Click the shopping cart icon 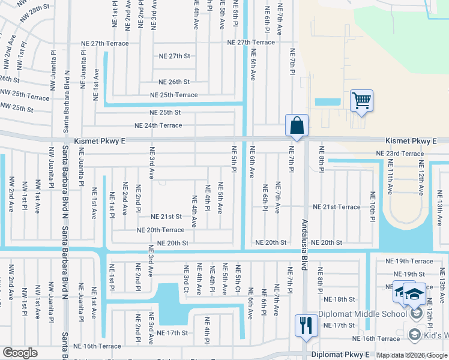coord(362,101)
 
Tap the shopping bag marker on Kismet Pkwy coord(297,126)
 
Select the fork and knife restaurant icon coord(306,326)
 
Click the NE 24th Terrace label coord(158,125)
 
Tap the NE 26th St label coord(174,82)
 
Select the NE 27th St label coord(174,56)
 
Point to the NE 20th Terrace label coord(160,230)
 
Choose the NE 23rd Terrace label coord(400,154)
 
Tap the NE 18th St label coord(340,299)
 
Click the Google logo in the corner coord(20,353)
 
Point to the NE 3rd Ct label coord(187,280)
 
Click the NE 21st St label coord(166,217)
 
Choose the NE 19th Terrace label coord(409,261)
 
